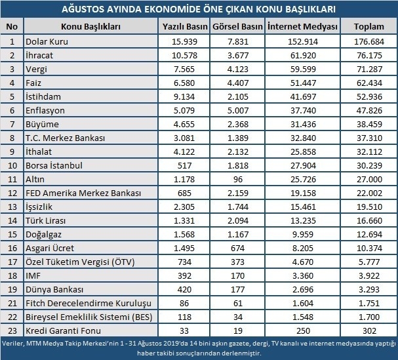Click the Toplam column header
(x=368, y=26)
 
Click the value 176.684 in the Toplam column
(x=368, y=41)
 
